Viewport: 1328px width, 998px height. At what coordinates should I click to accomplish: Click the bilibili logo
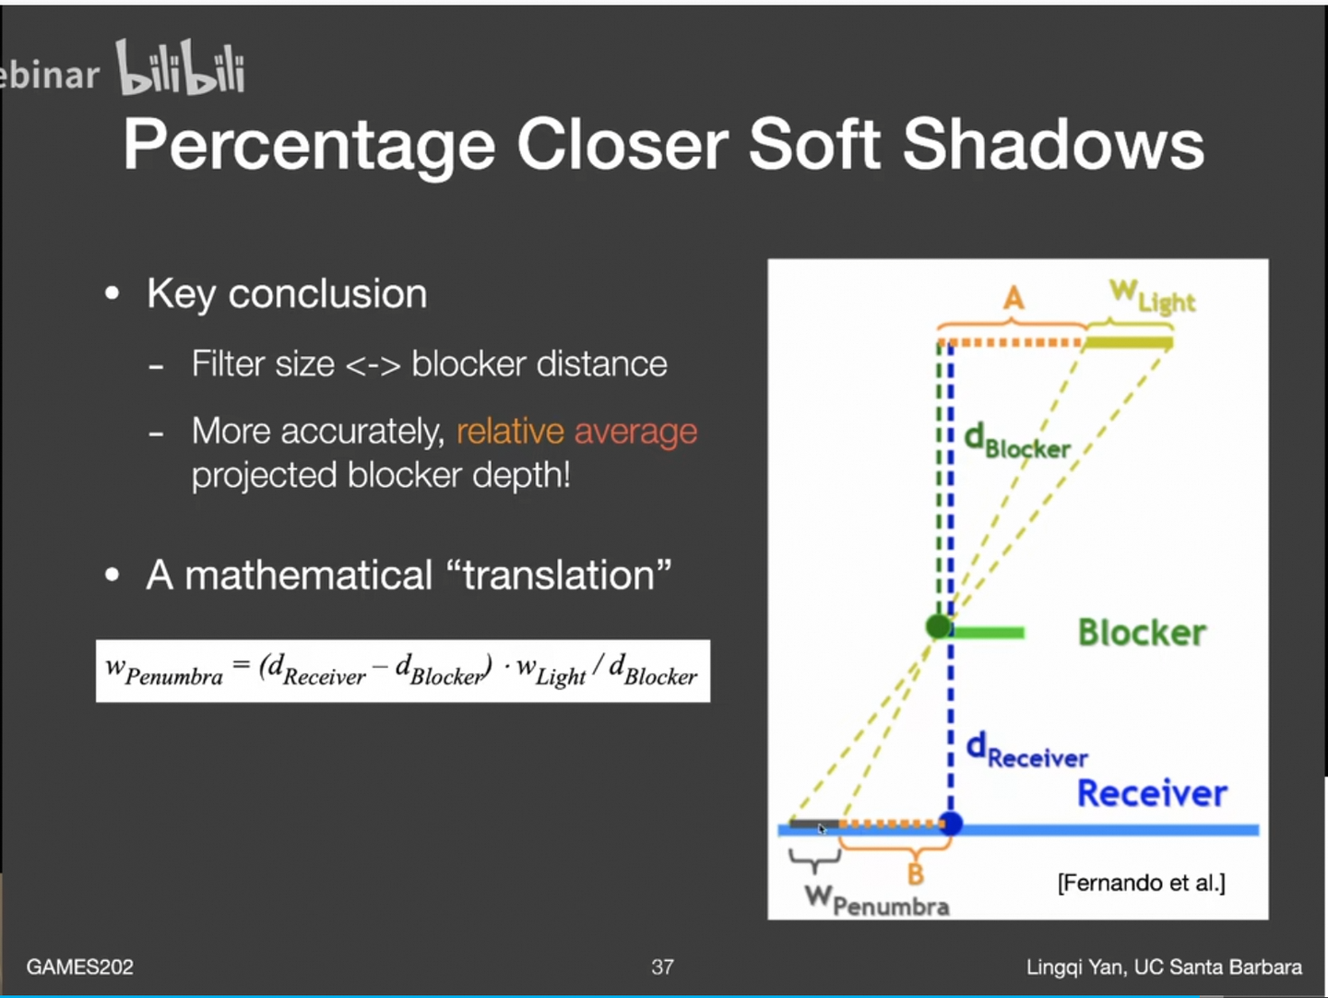tap(180, 66)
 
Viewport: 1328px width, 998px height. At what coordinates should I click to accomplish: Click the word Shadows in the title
tap(1053, 145)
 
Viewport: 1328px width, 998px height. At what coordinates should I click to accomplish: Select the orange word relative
tap(510, 432)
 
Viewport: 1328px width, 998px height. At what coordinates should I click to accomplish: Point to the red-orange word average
tap(635, 433)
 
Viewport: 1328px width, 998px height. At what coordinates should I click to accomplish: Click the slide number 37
tap(662, 967)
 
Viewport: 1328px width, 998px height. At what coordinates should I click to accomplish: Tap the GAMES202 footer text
tap(80, 967)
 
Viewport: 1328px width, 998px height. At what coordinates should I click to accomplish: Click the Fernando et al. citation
tap(1141, 883)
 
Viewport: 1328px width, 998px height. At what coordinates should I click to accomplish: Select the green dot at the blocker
tap(939, 626)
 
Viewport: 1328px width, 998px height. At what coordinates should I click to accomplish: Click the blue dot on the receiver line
tap(951, 824)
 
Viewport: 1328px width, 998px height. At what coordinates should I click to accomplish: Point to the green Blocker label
tap(1143, 633)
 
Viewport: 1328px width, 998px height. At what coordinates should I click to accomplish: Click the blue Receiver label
tap(1152, 792)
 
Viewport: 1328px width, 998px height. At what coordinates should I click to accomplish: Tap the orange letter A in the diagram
tap(1014, 298)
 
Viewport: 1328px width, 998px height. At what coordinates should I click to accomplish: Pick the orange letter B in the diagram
tap(916, 874)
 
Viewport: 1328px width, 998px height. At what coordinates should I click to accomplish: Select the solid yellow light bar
tap(1129, 343)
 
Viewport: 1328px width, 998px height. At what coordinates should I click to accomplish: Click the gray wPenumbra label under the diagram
tap(877, 900)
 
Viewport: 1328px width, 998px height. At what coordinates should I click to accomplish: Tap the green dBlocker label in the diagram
tap(1016, 442)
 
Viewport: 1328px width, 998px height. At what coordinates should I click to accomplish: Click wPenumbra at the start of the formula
tap(164, 671)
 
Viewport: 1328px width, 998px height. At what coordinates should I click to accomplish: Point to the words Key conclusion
tap(287, 294)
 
